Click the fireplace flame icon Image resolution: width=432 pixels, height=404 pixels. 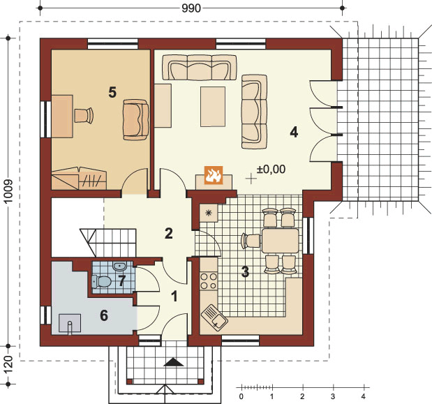pos(214,174)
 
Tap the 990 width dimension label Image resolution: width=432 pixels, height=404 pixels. pos(191,8)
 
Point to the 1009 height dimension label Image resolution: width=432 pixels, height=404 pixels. pos(8,191)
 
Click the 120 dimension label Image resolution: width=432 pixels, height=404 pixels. pos(8,365)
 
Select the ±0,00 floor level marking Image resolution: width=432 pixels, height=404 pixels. pos(271,169)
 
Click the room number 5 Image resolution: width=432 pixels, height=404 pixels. pos(112,92)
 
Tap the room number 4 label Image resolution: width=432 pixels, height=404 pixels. pos(294,132)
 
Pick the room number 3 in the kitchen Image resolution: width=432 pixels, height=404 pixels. pos(245,271)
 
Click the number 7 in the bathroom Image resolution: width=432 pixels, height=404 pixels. pos(121,280)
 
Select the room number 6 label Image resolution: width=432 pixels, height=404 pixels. pos(104,315)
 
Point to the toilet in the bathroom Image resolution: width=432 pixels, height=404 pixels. pos(101,281)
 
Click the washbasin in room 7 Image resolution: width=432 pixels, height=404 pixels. pos(119,267)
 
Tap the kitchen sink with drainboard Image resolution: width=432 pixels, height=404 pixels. pos(214,315)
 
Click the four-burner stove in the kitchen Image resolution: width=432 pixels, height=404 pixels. pos(209,281)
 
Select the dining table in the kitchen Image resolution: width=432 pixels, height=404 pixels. pos(280,241)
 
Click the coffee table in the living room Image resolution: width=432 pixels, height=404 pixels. pos(213,107)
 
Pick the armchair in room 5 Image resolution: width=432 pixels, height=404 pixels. pos(135,120)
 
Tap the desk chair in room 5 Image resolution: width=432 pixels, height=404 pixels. pos(84,115)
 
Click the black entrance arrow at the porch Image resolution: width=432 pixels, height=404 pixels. pos(174,362)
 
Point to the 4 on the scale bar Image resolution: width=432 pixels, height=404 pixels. pos(364,396)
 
